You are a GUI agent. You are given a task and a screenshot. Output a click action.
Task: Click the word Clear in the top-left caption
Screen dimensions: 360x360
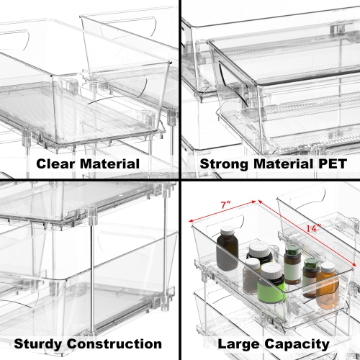click(x=52, y=164)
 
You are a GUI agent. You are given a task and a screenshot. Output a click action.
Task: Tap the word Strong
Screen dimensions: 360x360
click(x=220, y=164)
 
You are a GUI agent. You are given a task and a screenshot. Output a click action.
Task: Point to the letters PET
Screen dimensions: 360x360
click(x=330, y=164)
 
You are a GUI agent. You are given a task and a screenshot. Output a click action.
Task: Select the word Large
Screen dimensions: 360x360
click(x=237, y=344)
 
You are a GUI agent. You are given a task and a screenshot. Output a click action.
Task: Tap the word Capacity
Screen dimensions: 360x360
click(x=297, y=344)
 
